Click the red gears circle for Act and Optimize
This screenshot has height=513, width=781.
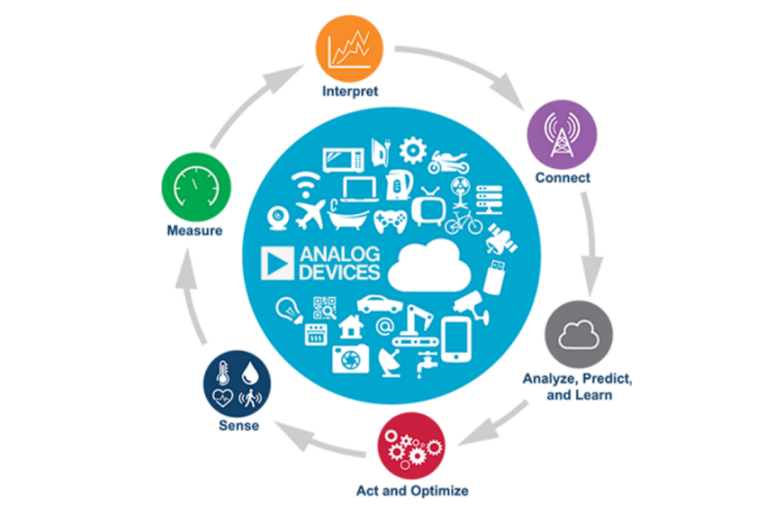408,445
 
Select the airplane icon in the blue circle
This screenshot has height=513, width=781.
309,212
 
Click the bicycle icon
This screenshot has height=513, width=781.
463,224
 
